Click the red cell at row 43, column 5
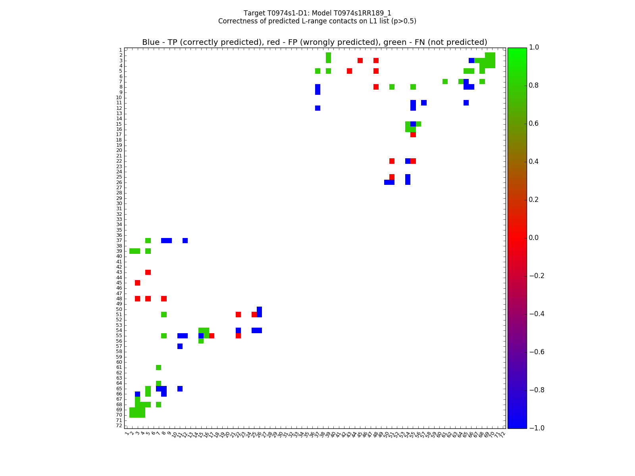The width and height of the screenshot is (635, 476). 148,272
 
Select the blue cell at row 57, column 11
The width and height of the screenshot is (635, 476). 180,346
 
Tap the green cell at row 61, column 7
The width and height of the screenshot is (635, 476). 159,367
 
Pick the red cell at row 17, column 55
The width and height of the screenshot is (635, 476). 413,134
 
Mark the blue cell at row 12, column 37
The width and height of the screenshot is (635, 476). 317,108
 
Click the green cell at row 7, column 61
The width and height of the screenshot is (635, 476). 445,82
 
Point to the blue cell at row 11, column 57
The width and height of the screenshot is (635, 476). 424,103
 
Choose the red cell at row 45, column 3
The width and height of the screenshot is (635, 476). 137,283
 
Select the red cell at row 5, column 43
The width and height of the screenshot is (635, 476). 349,71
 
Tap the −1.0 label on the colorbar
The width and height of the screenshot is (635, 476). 537,428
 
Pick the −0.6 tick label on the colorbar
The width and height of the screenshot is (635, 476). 537,352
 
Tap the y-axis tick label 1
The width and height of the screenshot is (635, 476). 120,50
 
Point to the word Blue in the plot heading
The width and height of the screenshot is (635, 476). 151,42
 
